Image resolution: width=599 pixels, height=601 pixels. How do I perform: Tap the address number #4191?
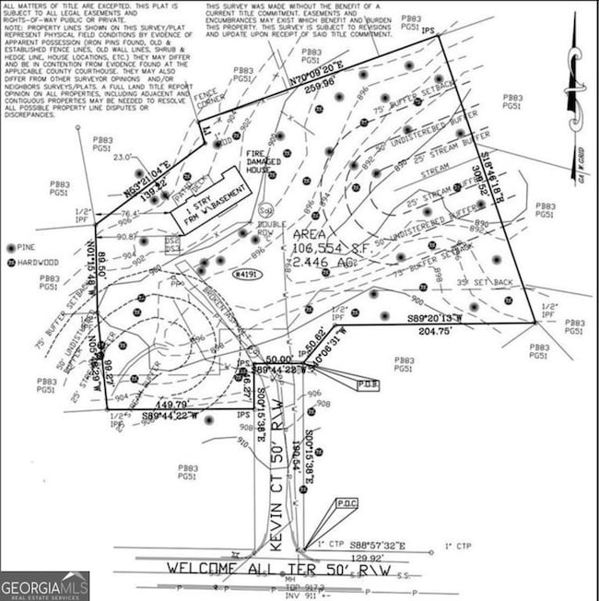247,274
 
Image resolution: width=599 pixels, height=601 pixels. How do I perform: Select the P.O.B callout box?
367,383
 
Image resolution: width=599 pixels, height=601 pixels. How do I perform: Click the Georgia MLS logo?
45,585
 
